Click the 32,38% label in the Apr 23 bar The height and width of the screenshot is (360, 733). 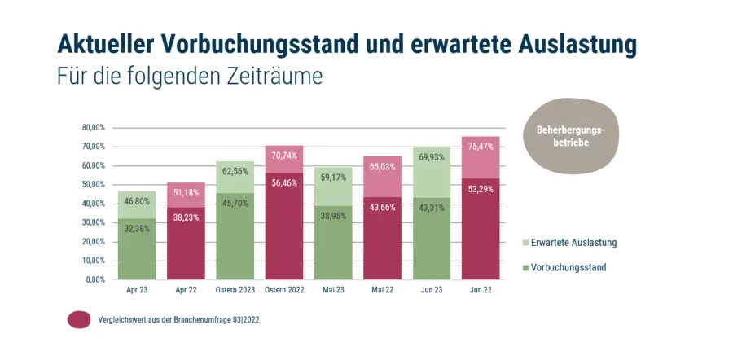tap(136, 229)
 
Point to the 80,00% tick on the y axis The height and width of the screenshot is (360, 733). tap(94, 128)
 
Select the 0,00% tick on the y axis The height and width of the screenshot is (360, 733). tap(96, 279)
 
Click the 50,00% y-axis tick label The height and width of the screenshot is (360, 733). tap(94, 185)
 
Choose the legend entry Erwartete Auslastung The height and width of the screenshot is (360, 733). tap(573, 243)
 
